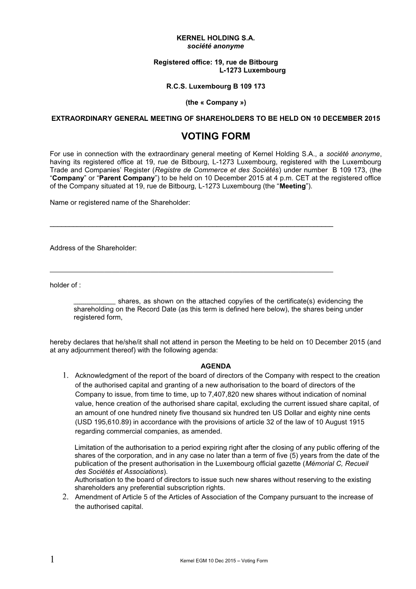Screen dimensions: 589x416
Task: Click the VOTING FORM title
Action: [215, 137]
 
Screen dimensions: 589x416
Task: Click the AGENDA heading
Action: [215, 366]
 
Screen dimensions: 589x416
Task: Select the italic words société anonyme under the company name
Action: [215, 46]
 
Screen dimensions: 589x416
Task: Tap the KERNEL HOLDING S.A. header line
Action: [215, 38]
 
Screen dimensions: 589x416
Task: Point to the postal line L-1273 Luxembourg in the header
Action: [252, 70]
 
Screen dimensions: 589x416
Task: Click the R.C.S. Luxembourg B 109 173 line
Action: [215, 86]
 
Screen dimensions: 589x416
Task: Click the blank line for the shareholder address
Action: [191, 271]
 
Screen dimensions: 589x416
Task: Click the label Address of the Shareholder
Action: [93, 248]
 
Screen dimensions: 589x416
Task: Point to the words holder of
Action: [65, 285]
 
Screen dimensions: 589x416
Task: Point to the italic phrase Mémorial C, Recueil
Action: [337, 464]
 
